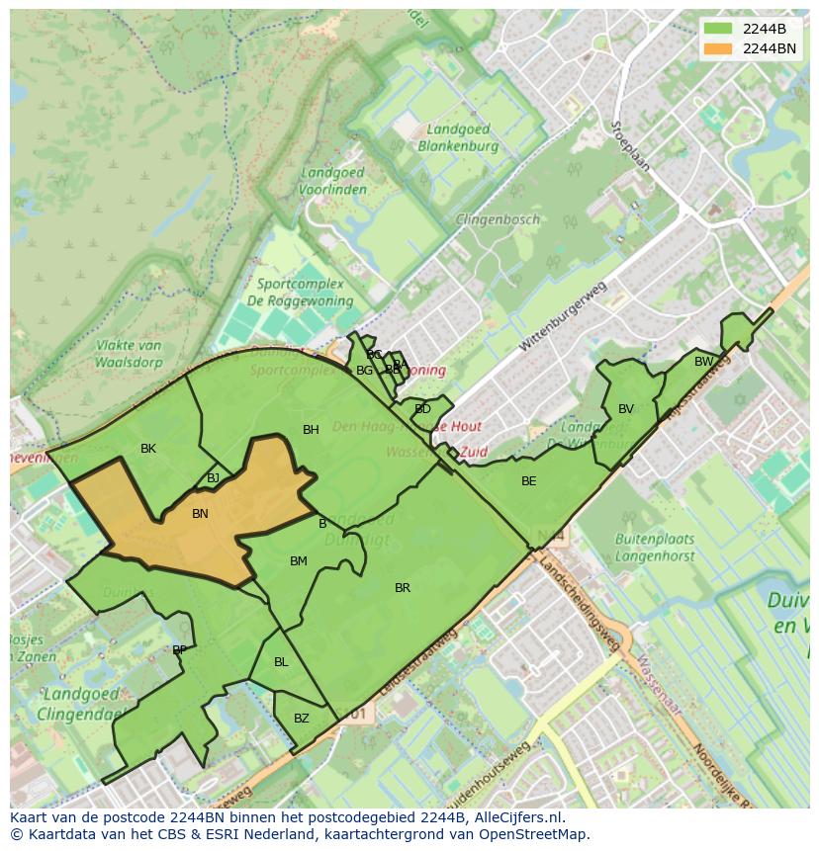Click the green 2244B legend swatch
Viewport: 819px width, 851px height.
(718, 29)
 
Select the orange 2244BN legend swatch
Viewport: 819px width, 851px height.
(718, 48)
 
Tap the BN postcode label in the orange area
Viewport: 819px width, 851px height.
(200, 514)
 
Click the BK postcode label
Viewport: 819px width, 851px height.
(148, 449)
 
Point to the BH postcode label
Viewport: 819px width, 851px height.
(311, 430)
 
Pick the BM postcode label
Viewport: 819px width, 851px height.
(299, 561)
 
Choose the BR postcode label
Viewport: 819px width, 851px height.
(403, 588)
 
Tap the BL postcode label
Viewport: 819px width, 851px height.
(281, 662)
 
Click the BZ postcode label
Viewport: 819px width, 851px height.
(302, 719)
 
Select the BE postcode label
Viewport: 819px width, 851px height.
(529, 481)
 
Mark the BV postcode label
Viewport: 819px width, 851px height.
(626, 409)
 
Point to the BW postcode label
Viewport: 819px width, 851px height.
(703, 362)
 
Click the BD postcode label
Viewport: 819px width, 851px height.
(422, 409)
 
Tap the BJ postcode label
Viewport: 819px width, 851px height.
(214, 478)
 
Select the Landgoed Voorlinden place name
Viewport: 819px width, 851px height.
(332, 181)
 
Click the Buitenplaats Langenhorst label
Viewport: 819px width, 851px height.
(655, 549)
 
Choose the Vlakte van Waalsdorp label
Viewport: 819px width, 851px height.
(130, 354)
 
